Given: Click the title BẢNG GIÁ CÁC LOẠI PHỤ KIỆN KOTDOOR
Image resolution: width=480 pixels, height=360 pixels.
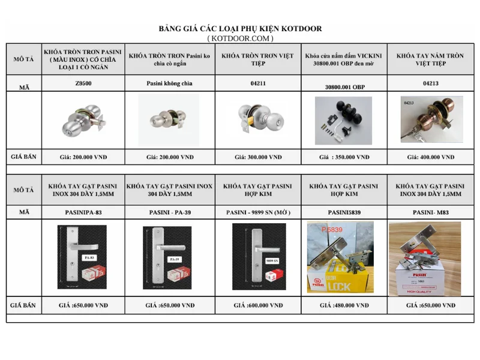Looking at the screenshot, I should click(240, 29).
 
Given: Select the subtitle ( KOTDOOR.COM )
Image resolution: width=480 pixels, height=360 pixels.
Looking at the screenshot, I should click(240, 38).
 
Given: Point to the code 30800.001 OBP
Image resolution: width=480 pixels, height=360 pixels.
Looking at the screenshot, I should click(344, 87).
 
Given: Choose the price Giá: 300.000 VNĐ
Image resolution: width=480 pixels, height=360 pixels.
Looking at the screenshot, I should click(258, 157).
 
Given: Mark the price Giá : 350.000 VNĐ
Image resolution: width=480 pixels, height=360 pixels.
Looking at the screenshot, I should click(344, 157).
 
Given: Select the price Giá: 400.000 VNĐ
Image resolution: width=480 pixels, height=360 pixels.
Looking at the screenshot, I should click(430, 157).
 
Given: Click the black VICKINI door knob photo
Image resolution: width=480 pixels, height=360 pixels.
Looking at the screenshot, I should click(343, 120).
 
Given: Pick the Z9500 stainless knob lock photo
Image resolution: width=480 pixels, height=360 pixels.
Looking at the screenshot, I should click(83, 121).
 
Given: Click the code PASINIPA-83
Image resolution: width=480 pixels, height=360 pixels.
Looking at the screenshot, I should click(83, 212).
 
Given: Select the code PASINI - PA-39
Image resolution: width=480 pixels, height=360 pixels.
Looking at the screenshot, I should click(170, 212).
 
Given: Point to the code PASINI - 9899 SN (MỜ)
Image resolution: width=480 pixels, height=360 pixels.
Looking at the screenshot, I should click(258, 212).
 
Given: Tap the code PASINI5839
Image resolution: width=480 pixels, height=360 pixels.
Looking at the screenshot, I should click(344, 212).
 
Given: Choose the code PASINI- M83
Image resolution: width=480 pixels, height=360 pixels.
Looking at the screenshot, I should click(430, 212).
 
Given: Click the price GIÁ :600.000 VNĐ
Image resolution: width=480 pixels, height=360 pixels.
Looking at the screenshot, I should click(258, 305).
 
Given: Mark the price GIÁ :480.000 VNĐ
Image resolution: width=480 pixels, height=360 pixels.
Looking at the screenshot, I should click(344, 305).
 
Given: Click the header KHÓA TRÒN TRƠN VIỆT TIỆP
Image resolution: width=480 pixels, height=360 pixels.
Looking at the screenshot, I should click(258, 59).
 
